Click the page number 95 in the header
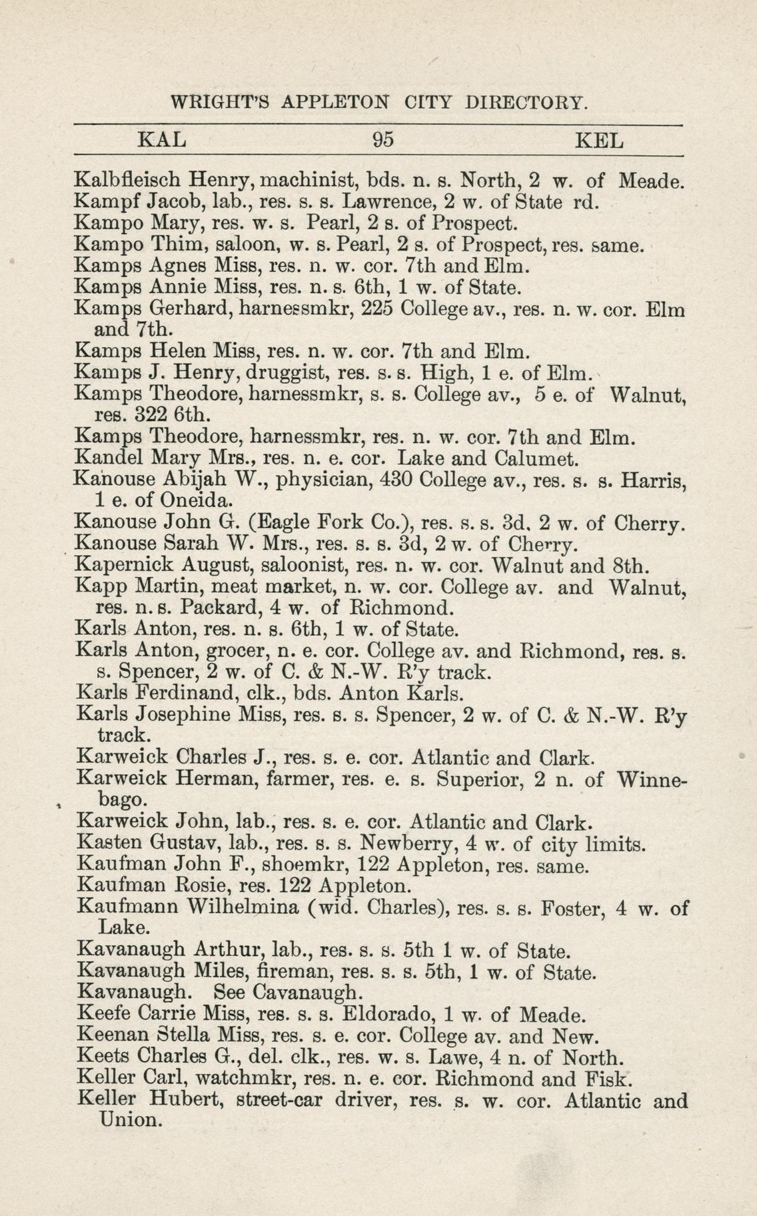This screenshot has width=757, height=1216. [x=384, y=141]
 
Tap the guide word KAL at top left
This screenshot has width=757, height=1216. [x=161, y=141]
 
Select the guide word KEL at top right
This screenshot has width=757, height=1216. [x=599, y=141]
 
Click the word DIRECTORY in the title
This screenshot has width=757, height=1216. [x=526, y=103]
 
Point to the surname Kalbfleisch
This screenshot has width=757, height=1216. [x=129, y=179]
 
